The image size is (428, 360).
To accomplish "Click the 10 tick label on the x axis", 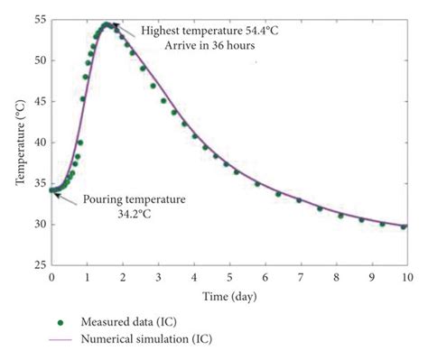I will [x=404, y=277].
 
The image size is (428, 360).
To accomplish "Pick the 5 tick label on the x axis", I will [x=228, y=277].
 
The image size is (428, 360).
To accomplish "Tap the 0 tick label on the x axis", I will [x=51, y=277].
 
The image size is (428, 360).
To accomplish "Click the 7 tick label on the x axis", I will [x=299, y=277].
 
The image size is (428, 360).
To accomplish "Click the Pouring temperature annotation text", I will [x=134, y=199].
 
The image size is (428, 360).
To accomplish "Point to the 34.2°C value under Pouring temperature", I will [x=134, y=215].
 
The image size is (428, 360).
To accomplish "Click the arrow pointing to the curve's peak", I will [x=126, y=30].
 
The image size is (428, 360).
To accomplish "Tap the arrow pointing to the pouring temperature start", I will [x=65, y=193].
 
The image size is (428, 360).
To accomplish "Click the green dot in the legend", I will [x=61, y=319].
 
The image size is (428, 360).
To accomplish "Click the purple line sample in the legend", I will [x=61, y=338].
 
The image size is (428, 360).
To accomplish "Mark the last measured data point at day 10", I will [x=404, y=226].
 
